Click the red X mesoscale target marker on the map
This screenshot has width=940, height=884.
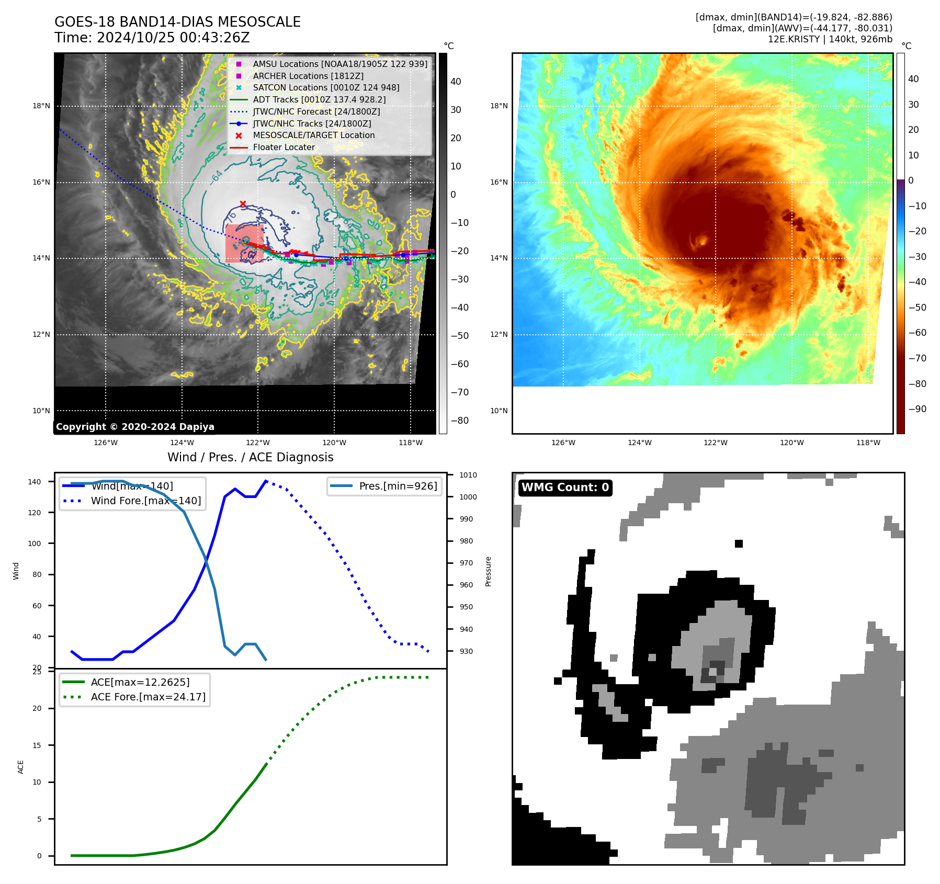[243, 203]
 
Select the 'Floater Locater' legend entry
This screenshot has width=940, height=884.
[284, 148]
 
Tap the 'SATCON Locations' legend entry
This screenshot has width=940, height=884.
[326, 88]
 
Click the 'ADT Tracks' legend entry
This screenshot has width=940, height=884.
[319, 100]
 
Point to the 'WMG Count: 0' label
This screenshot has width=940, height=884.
[565, 488]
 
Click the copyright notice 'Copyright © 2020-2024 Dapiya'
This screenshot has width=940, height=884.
[135, 427]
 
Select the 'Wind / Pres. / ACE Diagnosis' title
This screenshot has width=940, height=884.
[250, 458]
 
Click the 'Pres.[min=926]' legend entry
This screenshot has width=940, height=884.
[398, 486]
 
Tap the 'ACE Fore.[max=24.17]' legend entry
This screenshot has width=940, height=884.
[148, 697]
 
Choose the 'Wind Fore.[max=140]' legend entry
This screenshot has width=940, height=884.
[145, 501]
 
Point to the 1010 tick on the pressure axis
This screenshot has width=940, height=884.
[468, 475]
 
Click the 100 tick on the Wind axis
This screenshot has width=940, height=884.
[34, 543]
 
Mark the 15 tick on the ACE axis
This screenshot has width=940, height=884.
[37, 745]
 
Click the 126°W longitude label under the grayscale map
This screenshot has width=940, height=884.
[106, 443]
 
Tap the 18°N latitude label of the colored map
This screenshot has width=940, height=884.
[499, 106]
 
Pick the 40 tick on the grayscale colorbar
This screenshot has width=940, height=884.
[456, 82]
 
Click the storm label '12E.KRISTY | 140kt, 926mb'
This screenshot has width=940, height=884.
[830, 39]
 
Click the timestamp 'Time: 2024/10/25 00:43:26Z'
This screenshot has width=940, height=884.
[152, 38]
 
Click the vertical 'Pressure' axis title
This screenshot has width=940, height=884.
[489, 571]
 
